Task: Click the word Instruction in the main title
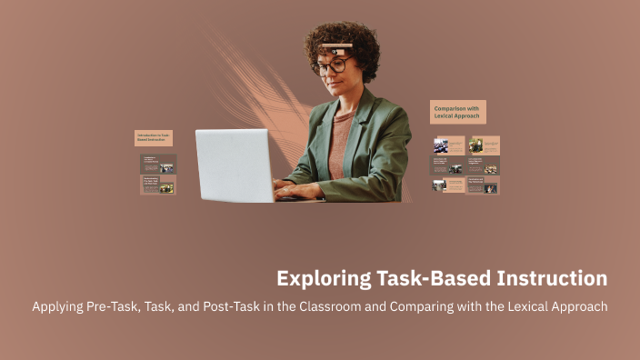coord(555,277)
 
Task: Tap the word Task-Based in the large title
coord(435,277)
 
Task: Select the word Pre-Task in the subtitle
coord(111,306)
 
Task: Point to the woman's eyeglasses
coord(332,65)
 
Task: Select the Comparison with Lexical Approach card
coord(457,112)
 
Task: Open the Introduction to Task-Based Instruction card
coord(153,138)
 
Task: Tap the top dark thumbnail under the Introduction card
coord(158,164)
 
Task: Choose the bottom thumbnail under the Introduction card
coord(158,185)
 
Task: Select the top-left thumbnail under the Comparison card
coord(447,145)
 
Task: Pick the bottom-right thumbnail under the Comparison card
coord(483,185)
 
